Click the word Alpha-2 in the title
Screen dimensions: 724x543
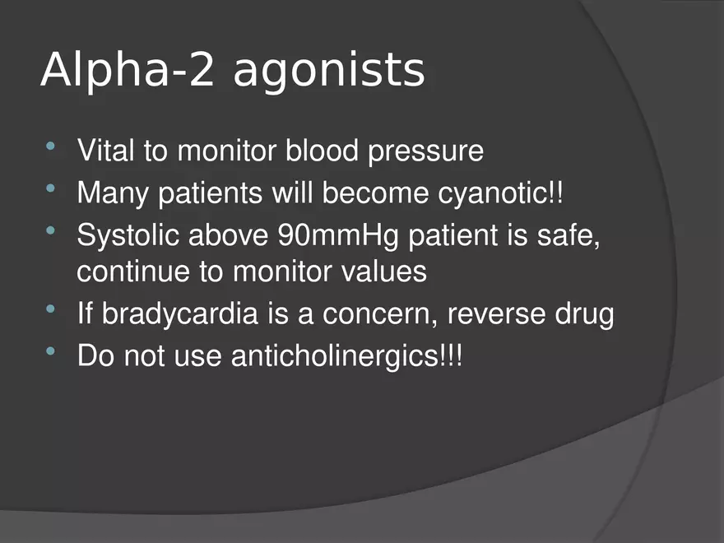[x=128, y=69]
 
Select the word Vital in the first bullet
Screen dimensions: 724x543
[x=106, y=150]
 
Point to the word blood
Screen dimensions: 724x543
[x=322, y=150]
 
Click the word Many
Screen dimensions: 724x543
[x=113, y=194]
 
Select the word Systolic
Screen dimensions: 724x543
[x=128, y=236]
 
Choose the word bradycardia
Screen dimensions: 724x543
[x=179, y=314]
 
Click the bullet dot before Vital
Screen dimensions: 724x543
[x=51, y=146]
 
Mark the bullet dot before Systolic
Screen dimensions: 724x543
[x=51, y=230]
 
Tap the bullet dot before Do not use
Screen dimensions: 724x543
[x=51, y=351]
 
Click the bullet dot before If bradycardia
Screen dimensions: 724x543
[x=51, y=309]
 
